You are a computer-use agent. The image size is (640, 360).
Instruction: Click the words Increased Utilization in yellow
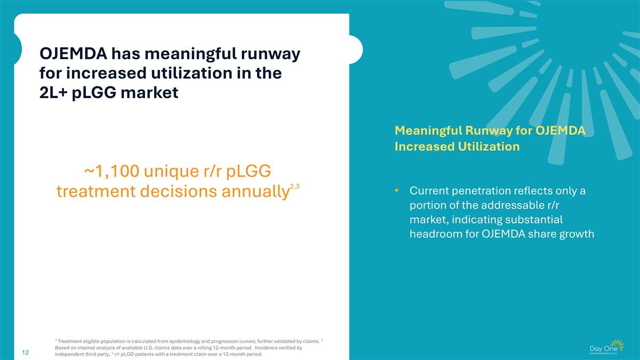(x=457, y=147)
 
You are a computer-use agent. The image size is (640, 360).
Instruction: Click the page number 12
(x=25, y=353)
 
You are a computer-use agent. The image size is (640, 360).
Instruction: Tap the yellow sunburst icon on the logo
(x=617, y=345)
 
